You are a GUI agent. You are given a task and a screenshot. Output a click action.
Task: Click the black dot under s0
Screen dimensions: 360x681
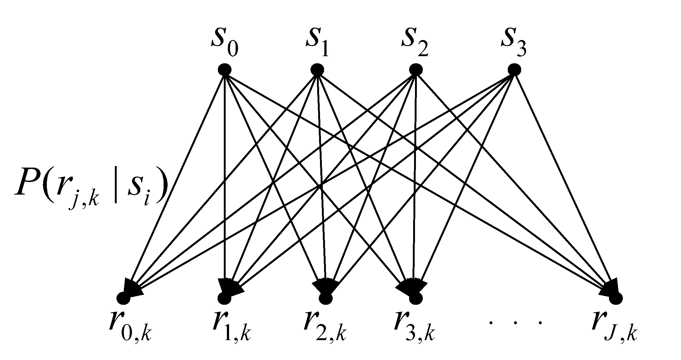click(x=224, y=69)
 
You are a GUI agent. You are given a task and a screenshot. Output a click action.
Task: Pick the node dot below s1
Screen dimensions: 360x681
click(x=317, y=69)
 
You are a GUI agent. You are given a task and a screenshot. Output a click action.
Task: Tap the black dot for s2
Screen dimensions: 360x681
click(x=415, y=69)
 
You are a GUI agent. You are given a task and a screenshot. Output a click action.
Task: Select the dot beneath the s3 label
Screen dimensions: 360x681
click(x=514, y=69)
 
